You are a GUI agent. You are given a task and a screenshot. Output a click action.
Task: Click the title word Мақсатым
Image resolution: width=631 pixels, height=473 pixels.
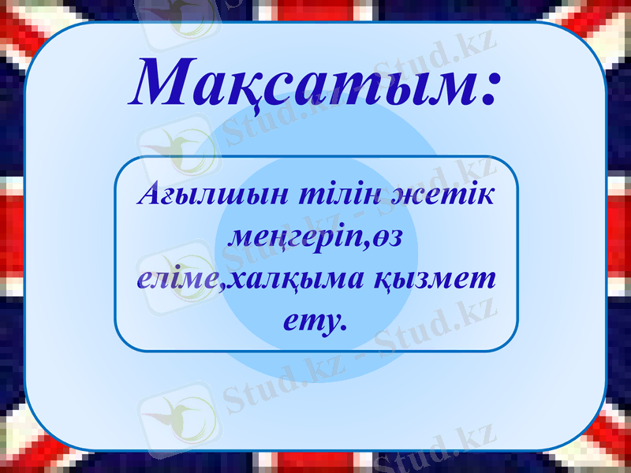click(x=304, y=83)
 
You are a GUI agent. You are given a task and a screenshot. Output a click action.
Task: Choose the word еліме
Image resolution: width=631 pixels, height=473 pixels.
click(x=174, y=279)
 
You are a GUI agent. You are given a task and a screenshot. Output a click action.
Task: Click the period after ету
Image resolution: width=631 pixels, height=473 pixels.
click(x=343, y=326)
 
